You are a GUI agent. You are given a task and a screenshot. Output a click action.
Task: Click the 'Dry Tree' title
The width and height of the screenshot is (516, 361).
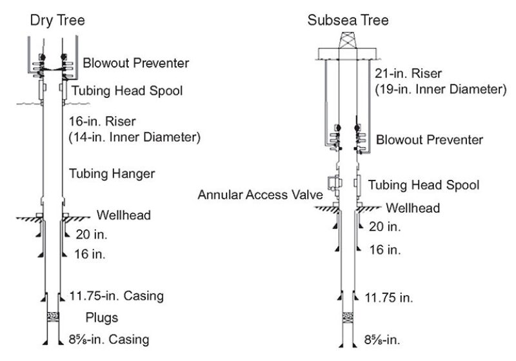pyautogui.click(x=57, y=20)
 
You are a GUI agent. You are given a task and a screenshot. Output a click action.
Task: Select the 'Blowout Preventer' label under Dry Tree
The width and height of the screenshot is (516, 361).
pyautogui.click(x=135, y=63)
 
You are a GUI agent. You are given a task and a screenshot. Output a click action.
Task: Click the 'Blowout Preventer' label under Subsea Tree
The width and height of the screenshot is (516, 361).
pyautogui.click(x=429, y=139)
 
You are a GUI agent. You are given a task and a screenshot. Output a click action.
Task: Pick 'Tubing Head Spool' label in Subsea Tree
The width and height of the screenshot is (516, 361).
pyautogui.click(x=423, y=185)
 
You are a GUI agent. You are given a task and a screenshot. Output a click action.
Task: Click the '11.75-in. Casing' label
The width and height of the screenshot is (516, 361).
pyautogui.click(x=116, y=297)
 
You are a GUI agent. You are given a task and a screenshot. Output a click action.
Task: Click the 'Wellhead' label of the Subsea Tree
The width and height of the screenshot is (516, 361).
pyautogui.click(x=413, y=208)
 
